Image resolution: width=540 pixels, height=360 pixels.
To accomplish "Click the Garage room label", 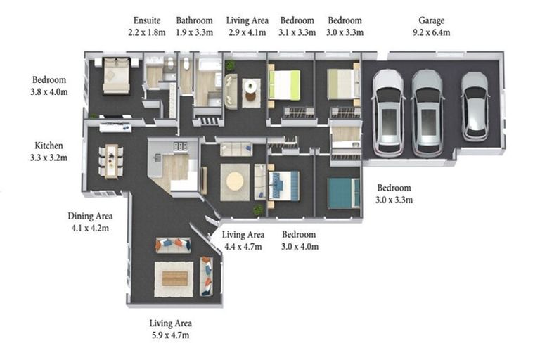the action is (x=431, y=20).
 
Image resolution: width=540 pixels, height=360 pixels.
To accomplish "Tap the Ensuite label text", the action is (x=147, y=20).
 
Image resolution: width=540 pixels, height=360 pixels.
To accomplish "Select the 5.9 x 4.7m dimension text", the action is (x=170, y=335).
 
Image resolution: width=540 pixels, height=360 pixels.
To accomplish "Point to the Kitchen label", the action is (x=49, y=146).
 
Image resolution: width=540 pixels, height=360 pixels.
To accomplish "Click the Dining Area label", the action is (x=90, y=216).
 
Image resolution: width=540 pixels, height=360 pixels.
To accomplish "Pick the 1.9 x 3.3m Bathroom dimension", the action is (x=194, y=32).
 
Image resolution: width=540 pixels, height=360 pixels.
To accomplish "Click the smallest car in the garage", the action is (x=475, y=106).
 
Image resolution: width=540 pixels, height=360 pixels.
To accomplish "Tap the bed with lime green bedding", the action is (x=284, y=85).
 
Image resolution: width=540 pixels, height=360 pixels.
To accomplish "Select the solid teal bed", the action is (x=344, y=193).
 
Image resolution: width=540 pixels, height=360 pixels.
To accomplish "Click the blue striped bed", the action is (x=284, y=186).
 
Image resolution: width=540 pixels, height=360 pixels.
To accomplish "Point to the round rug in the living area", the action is (x=236, y=181).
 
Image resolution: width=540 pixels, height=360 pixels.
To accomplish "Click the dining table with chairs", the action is (x=111, y=161).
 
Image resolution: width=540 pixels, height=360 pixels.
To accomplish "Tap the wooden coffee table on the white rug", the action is (x=175, y=278).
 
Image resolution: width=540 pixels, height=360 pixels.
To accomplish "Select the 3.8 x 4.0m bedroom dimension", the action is (x=49, y=92).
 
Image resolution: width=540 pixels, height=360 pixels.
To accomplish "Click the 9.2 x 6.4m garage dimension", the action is (x=431, y=32).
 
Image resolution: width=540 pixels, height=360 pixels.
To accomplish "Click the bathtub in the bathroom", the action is (x=208, y=65).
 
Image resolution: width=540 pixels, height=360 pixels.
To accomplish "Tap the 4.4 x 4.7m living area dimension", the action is (x=243, y=247).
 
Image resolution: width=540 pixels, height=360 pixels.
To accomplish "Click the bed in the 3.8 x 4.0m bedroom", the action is (x=117, y=75).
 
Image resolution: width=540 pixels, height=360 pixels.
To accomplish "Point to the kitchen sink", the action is (x=157, y=157).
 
